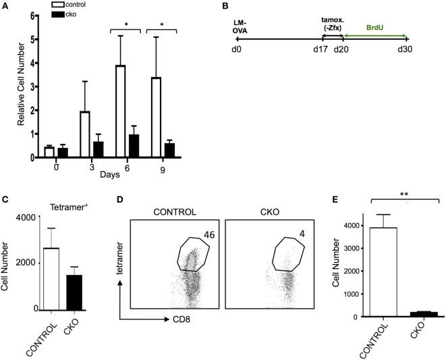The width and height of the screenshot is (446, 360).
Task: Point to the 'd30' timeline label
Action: (406, 51)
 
